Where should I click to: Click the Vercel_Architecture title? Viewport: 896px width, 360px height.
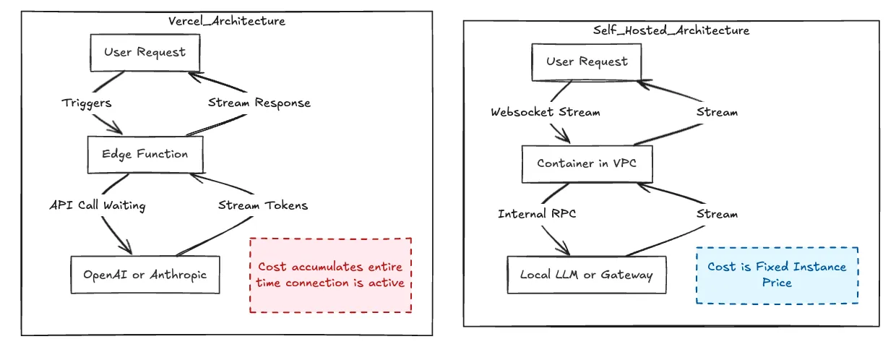coord(227,21)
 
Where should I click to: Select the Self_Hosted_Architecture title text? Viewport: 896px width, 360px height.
coord(671,30)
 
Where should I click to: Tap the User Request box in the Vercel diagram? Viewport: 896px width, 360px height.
coord(145,52)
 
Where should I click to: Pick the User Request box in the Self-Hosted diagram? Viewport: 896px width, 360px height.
coord(587,61)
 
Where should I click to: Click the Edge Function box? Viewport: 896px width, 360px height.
coord(145,154)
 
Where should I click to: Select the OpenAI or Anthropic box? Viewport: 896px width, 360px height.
coord(145,275)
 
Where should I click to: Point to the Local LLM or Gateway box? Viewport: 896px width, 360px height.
coord(586,275)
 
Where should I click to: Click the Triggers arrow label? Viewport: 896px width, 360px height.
coord(87,103)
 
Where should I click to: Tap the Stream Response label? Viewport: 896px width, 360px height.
coord(259,103)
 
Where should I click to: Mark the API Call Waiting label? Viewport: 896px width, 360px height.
coord(98,206)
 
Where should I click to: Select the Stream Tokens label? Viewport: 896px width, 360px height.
coord(263,205)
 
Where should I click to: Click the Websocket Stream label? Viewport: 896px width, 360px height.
coord(546,112)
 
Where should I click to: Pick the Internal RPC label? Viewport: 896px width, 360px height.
coord(537,214)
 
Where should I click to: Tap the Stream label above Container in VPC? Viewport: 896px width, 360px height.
coord(717,112)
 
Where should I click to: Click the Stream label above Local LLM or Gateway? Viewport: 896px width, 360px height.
coord(717,214)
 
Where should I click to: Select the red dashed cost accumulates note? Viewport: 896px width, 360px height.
coord(330,275)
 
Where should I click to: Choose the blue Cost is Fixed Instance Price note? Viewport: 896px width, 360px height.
coord(777,275)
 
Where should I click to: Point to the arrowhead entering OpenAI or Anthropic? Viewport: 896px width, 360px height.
coord(128,249)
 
